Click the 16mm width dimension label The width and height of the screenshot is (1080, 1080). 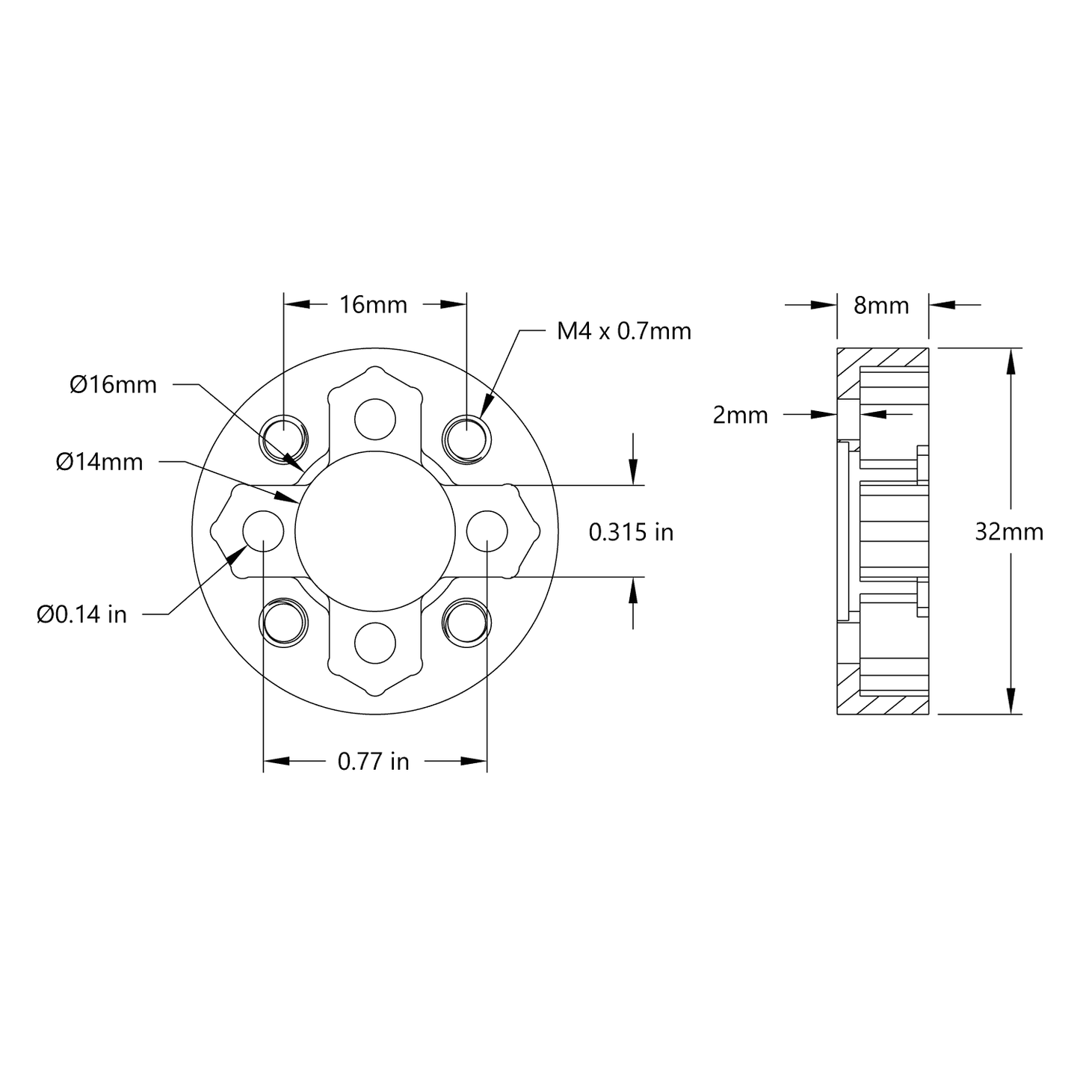[373, 305]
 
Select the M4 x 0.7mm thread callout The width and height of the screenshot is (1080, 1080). [623, 330]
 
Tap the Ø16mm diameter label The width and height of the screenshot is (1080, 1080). [114, 385]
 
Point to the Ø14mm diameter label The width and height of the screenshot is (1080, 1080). [99, 463]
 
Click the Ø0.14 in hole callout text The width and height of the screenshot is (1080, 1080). [82, 614]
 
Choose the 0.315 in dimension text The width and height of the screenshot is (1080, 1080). [631, 532]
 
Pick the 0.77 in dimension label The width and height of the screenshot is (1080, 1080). [373, 762]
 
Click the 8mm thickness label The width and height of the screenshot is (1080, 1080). [881, 305]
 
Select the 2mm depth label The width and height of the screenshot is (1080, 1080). [740, 415]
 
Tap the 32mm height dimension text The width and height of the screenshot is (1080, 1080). [1009, 531]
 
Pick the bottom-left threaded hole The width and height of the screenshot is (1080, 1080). [283, 622]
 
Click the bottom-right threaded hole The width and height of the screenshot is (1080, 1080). [467, 622]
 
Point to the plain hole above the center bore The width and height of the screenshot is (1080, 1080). [374, 419]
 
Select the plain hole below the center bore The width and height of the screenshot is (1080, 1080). [374, 642]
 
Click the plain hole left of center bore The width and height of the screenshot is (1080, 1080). [264, 530]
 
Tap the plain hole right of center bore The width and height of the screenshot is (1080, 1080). [487, 530]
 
